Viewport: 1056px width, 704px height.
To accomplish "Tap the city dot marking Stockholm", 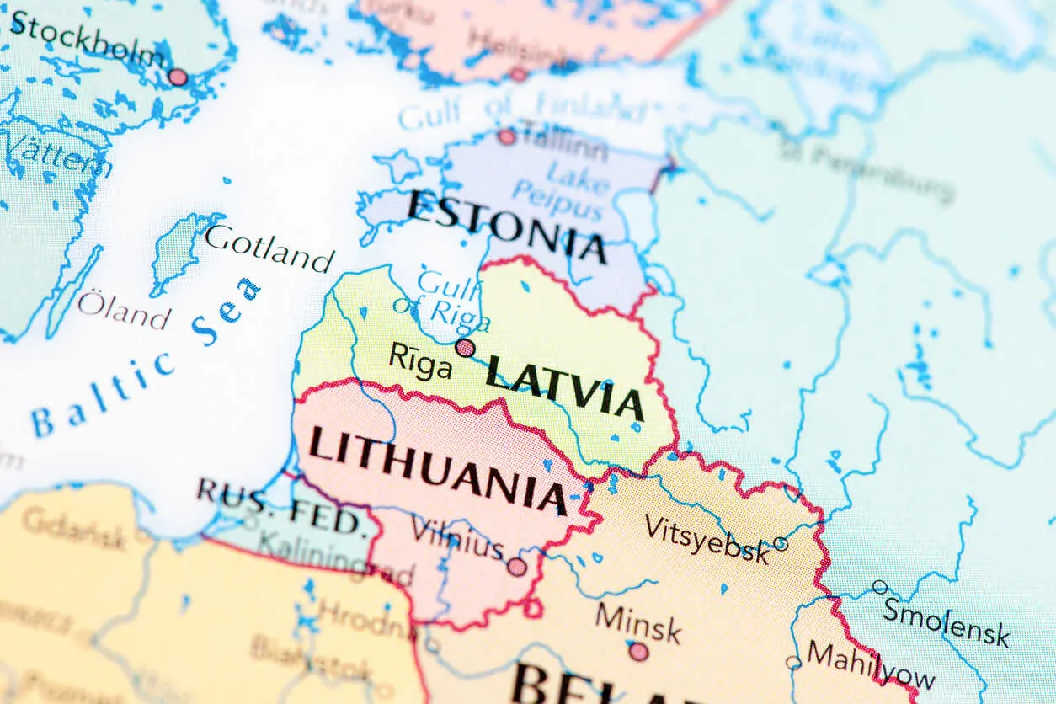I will (x=177, y=77).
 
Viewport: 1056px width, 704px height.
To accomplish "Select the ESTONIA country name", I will (x=507, y=226).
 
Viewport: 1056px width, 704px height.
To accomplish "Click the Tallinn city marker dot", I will (x=506, y=136).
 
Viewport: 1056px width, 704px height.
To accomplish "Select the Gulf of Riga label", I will (x=441, y=298).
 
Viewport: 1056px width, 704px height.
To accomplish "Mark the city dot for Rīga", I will (x=465, y=348).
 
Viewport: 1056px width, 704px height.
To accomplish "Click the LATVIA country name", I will (x=565, y=387).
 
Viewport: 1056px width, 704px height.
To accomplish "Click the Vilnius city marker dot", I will (x=517, y=567).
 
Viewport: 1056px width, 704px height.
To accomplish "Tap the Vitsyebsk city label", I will (x=707, y=539).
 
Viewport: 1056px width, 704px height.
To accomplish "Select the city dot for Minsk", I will (x=638, y=651).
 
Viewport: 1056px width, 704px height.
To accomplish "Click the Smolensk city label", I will (x=946, y=621).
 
